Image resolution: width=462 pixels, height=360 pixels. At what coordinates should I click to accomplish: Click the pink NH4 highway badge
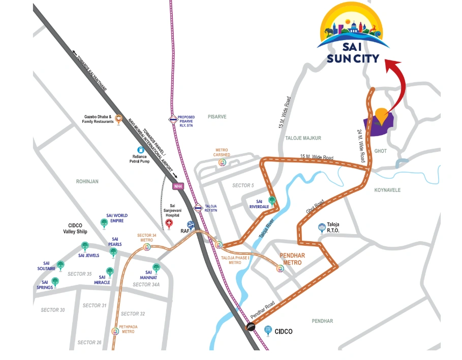pos(178,186)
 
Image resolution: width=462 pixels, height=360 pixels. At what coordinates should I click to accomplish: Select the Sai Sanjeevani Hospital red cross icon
pos(169,222)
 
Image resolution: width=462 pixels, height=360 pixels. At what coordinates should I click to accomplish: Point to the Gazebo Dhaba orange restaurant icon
pos(118,119)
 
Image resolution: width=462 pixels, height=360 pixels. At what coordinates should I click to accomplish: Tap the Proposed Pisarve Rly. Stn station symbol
pos(173,120)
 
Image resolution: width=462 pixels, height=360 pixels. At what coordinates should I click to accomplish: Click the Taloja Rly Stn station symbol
pos(198,208)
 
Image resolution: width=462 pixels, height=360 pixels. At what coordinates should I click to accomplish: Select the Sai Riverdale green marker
pos(272,201)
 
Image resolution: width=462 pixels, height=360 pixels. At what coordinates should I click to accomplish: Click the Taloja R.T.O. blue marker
pos(321,227)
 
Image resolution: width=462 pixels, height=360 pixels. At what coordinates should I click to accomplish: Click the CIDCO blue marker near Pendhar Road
pos(268,330)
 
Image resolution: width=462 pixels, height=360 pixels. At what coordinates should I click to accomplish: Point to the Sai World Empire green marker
pos(104,222)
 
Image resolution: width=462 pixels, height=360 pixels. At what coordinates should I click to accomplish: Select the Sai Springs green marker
pos(55,281)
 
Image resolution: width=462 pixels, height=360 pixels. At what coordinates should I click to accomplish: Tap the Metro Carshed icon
pos(222,162)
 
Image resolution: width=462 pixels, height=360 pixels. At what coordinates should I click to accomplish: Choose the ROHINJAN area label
pos(87,181)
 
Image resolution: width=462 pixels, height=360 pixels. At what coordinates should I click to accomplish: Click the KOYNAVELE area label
pos(387,190)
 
